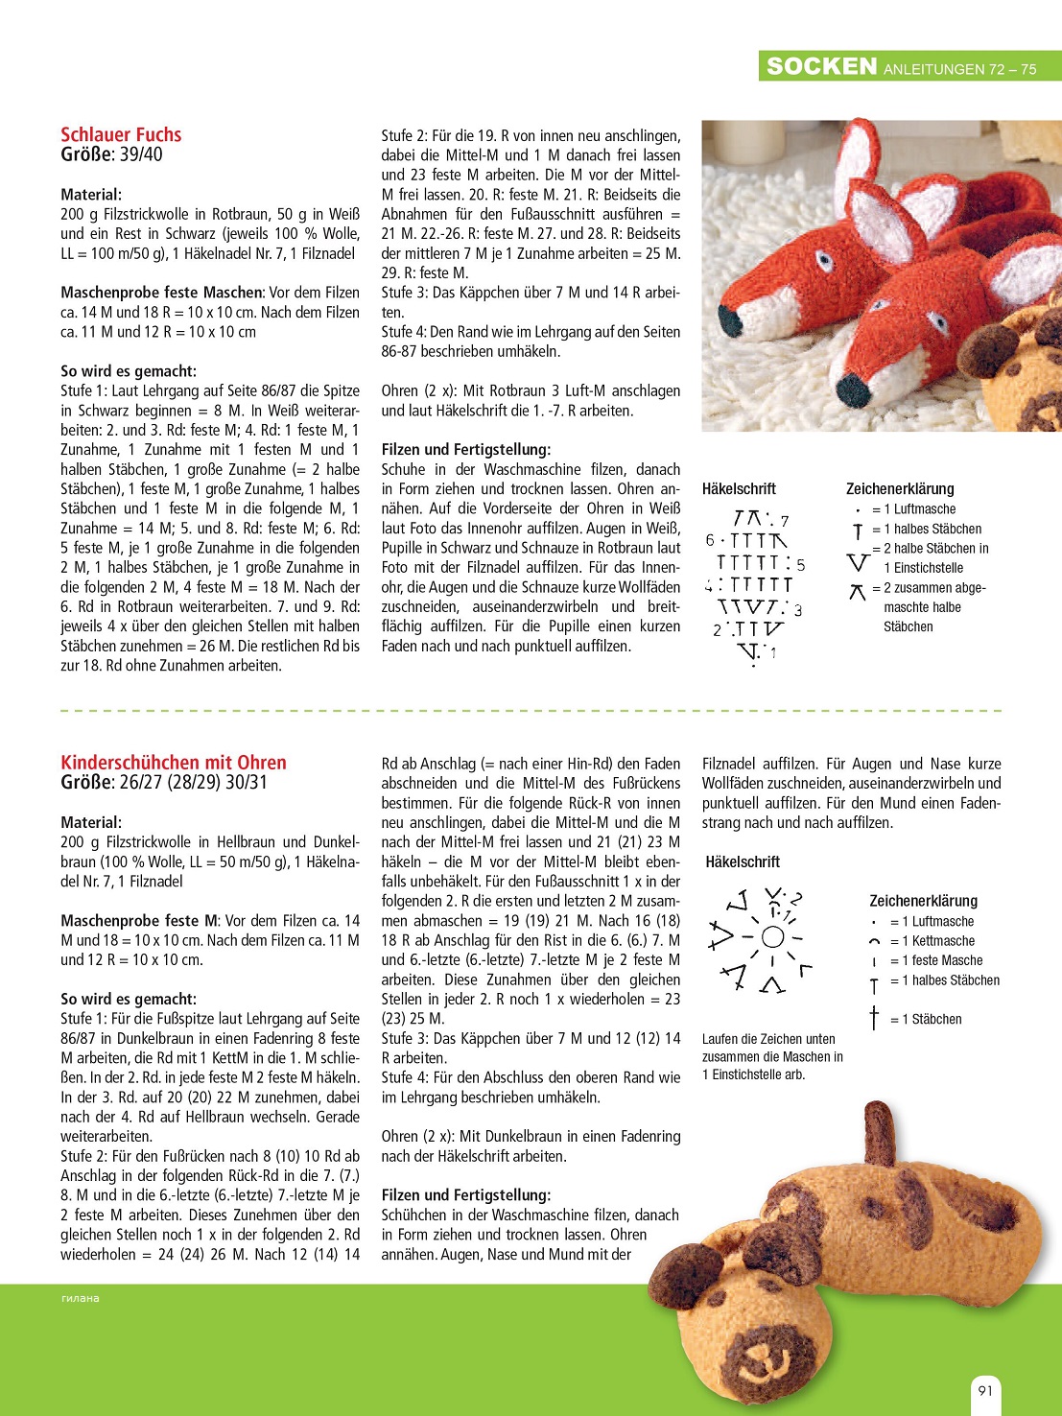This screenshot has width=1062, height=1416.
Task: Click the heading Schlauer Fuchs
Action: pos(121,134)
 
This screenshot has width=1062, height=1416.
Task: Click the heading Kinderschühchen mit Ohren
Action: pos(174,763)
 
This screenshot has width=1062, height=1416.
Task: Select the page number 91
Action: pos(985,1390)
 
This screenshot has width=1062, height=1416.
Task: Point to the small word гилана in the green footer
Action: pos(81,1298)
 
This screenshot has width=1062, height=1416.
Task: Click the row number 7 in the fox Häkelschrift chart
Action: pos(785,521)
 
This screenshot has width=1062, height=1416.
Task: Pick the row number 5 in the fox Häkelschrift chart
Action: pos(801,565)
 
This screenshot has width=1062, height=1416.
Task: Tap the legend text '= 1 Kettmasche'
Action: pos(932,941)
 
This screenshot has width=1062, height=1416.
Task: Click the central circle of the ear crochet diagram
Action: pos(772,937)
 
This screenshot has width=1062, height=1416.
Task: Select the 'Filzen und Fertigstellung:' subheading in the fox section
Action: pos(466,449)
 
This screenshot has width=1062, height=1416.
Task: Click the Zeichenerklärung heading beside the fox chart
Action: pos(900,488)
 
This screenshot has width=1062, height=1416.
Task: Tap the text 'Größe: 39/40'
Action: pos(111,154)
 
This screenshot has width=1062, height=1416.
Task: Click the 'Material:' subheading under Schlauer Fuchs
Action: pos(91,194)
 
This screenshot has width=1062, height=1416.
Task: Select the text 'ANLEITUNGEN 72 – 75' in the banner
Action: pos(959,69)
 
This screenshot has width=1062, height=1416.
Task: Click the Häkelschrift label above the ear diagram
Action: pos(743,861)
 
